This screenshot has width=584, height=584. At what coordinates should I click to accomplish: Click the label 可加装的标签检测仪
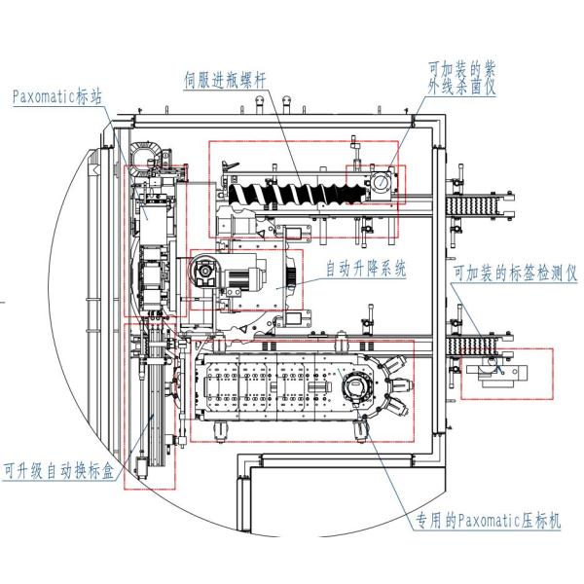[511, 274]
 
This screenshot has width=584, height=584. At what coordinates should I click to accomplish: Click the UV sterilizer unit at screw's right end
[380, 183]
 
